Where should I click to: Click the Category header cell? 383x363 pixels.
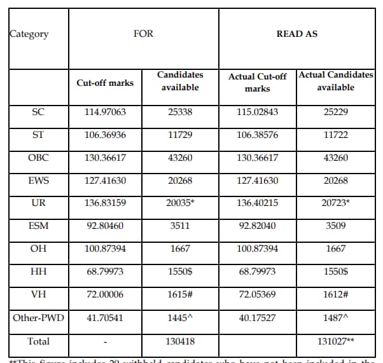point(29,34)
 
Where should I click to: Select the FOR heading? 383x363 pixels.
point(143,34)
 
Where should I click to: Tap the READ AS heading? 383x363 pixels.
point(296,34)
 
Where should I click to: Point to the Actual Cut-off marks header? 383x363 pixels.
point(257,83)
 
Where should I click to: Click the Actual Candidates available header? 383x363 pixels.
point(335,81)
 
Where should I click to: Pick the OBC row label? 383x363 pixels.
point(38,158)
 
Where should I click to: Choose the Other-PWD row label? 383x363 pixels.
point(38,318)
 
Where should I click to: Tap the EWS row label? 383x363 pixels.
point(38,181)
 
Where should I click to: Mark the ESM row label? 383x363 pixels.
point(38,226)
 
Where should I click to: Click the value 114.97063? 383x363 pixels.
point(105,112)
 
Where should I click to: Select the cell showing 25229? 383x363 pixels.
point(335,112)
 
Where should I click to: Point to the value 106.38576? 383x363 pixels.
point(257,135)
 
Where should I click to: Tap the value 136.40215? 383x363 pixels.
point(257,203)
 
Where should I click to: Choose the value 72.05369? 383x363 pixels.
point(257,295)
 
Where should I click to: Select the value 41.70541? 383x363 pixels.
point(105,318)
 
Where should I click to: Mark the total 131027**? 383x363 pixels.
point(335,341)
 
